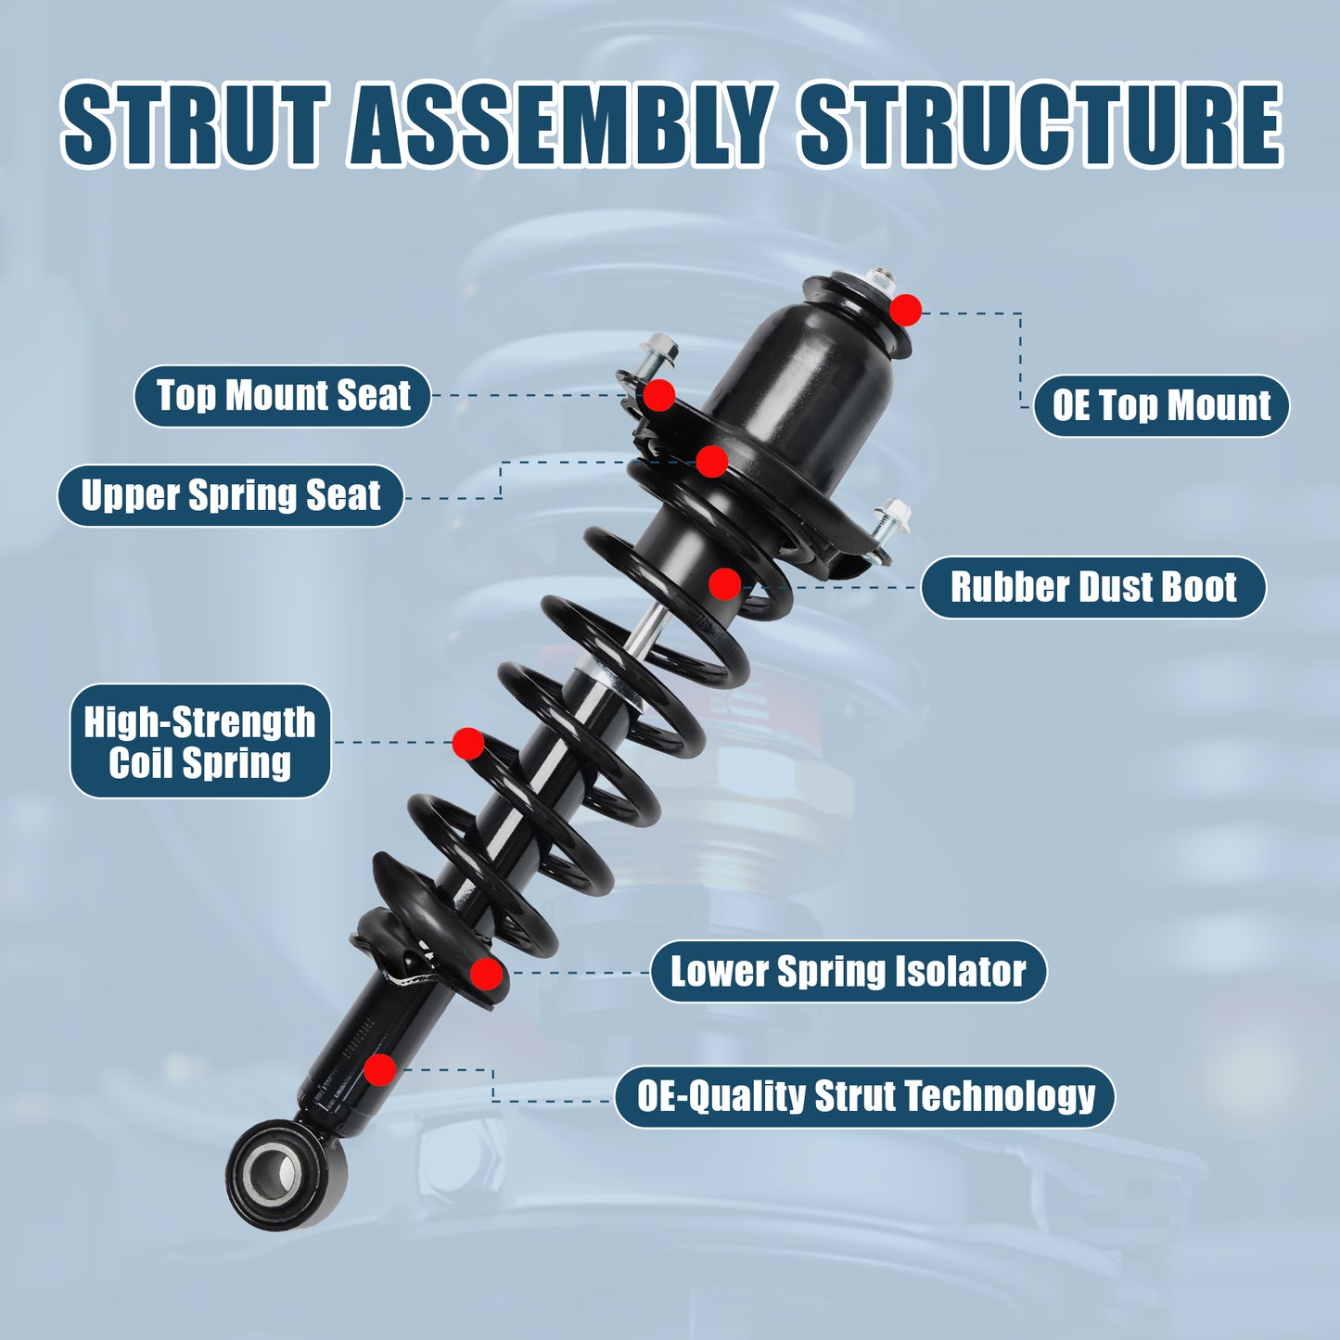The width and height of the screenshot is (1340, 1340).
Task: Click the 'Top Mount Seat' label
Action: pos(282,396)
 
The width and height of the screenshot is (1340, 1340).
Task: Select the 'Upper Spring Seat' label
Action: pos(230,495)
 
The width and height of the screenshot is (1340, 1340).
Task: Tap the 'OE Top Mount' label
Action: pos(1161,406)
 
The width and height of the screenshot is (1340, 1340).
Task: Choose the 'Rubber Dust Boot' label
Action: pos(1092,588)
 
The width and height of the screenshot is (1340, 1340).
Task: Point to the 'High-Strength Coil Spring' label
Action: pos(200,742)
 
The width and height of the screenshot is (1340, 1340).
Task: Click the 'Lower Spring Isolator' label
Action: pos(848,972)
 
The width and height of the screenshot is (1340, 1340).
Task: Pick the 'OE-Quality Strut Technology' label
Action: pos(864,1097)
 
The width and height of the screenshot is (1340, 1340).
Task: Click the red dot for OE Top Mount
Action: pos(905,310)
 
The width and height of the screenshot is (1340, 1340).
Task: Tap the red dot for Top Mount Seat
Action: pos(658,395)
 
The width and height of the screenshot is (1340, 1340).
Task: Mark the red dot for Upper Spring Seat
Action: pos(711,461)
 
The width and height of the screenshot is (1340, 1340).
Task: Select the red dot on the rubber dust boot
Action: pos(724,584)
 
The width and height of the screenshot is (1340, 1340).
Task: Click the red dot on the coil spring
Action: pos(468,743)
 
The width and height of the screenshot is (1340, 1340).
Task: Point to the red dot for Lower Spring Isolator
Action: pos(486,974)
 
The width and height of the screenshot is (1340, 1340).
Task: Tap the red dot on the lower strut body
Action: pos(379,1069)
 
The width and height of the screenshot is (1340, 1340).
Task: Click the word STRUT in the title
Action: pos(195,125)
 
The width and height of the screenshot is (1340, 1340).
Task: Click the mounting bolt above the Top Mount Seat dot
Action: pos(660,352)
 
